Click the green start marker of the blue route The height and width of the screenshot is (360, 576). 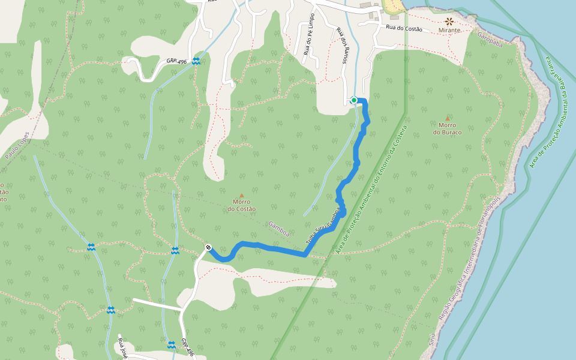pos(354,100)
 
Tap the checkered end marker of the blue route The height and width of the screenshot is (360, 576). pos(208,248)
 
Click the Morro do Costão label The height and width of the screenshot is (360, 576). pos(242,205)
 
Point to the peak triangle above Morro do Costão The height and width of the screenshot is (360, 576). pos(242,196)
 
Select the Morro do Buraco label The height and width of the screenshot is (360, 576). pos(447,128)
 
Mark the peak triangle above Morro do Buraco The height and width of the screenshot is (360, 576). pos(447,119)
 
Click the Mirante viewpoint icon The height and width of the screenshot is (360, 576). pos(449,21)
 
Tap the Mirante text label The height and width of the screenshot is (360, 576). pos(449,30)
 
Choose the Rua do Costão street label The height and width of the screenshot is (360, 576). pos(404,29)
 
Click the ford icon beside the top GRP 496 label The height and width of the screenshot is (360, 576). pos(196,61)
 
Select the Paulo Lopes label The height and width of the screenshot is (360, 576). pos(17,145)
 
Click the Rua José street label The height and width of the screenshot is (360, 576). pos(123,349)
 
